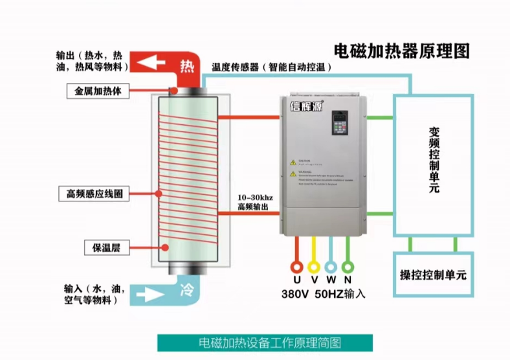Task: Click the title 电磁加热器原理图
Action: click(x=401, y=50)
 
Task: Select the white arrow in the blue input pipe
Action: click(x=150, y=294)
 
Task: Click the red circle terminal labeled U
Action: click(x=297, y=266)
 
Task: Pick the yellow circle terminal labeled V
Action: click(x=314, y=266)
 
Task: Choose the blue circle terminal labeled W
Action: click(x=331, y=266)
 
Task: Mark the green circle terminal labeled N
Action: click(x=348, y=266)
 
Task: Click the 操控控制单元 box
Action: click(x=433, y=275)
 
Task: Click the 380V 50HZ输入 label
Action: click(x=323, y=293)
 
